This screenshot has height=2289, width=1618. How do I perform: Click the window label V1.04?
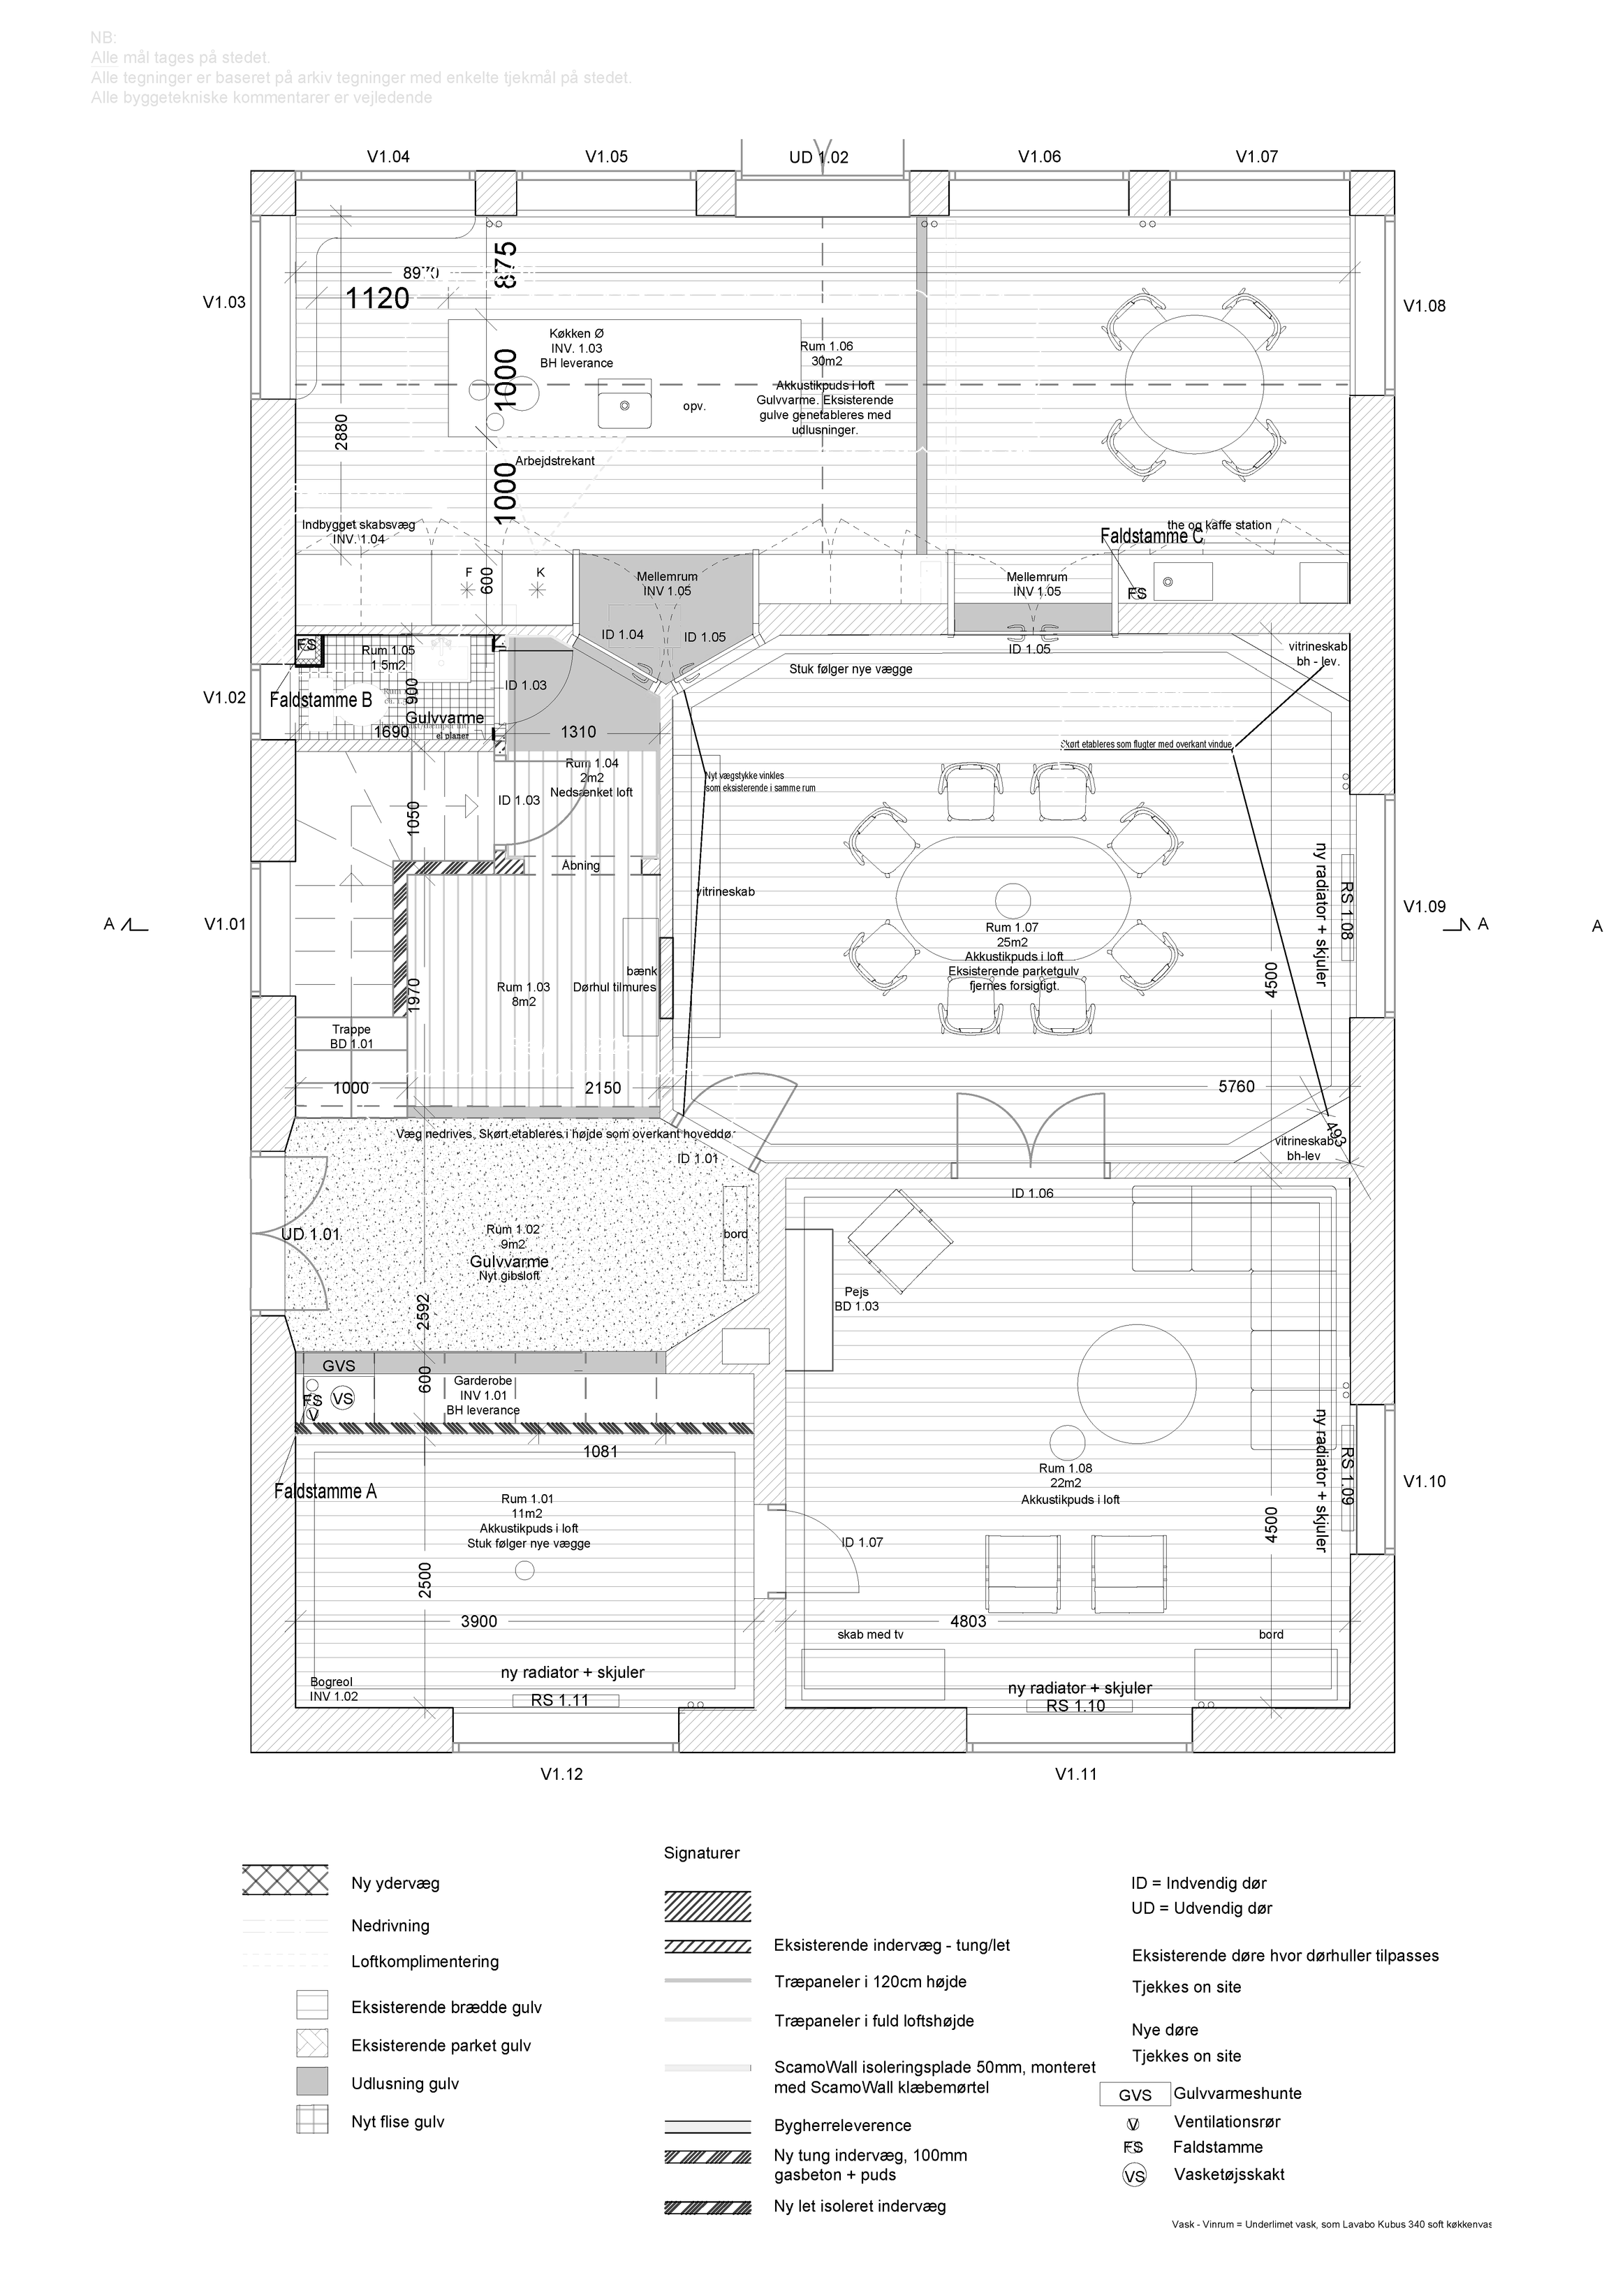(388, 156)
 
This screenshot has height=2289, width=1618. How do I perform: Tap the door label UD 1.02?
(818, 156)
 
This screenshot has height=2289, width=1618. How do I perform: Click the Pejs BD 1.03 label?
(856, 1299)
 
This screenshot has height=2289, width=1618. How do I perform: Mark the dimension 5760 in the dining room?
(1236, 1087)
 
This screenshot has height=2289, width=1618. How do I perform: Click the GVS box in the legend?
(1135, 2095)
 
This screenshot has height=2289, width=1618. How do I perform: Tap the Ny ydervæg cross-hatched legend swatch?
(285, 1879)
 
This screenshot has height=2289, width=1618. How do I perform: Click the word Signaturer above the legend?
(702, 1853)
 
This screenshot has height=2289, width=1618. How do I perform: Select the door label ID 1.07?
(862, 1542)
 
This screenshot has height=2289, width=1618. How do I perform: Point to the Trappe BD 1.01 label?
(351, 1037)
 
